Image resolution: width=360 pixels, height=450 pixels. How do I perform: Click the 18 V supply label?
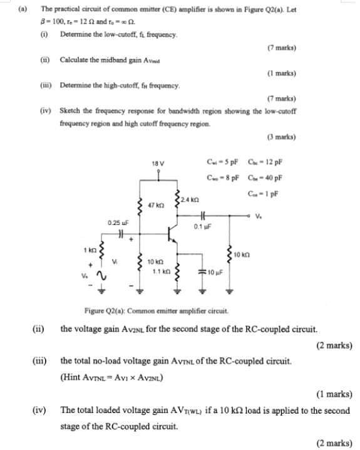coord(158,164)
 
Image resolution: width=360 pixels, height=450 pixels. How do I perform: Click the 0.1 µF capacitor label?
coord(202,227)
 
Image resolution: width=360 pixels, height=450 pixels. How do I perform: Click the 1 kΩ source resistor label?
coord(88,251)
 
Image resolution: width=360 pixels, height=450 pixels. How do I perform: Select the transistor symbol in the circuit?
coord(172,237)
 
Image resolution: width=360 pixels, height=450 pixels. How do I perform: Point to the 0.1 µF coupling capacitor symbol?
coord(202,214)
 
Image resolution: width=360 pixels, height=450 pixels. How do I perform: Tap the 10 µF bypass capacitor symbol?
coord(202,272)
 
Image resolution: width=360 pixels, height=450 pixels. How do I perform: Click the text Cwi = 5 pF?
coord(219,165)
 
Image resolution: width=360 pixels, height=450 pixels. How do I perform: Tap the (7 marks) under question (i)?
coord(281,47)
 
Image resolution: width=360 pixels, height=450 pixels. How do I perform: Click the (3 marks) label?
coord(281,137)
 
